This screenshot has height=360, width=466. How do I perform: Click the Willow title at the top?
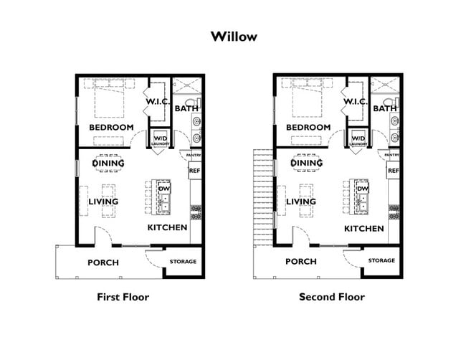click(234, 37)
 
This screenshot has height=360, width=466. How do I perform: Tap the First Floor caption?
click(123, 297)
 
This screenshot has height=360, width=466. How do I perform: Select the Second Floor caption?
click(332, 297)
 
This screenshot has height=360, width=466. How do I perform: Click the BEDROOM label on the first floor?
click(111, 127)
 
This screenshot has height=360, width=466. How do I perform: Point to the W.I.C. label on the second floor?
click(356, 102)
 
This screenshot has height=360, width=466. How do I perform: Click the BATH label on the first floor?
click(186, 108)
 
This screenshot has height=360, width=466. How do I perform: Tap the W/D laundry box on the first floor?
click(160, 138)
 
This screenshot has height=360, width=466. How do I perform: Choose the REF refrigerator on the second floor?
click(393, 171)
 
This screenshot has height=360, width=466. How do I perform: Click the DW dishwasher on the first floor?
click(163, 189)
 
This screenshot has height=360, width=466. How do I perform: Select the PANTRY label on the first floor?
click(194, 155)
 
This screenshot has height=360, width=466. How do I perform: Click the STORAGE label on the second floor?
click(381, 260)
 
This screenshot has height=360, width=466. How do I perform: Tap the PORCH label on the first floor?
click(103, 262)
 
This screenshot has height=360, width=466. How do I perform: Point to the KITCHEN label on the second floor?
click(364, 228)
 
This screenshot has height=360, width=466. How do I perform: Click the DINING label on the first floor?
click(108, 164)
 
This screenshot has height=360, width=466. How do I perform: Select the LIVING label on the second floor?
click(301, 202)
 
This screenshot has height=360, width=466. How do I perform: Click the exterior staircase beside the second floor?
click(263, 197)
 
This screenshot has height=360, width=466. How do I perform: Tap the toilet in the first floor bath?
click(195, 101)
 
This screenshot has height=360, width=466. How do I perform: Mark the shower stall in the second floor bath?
click(385, 85)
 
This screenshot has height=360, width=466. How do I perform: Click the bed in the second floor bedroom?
click(307, 98)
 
